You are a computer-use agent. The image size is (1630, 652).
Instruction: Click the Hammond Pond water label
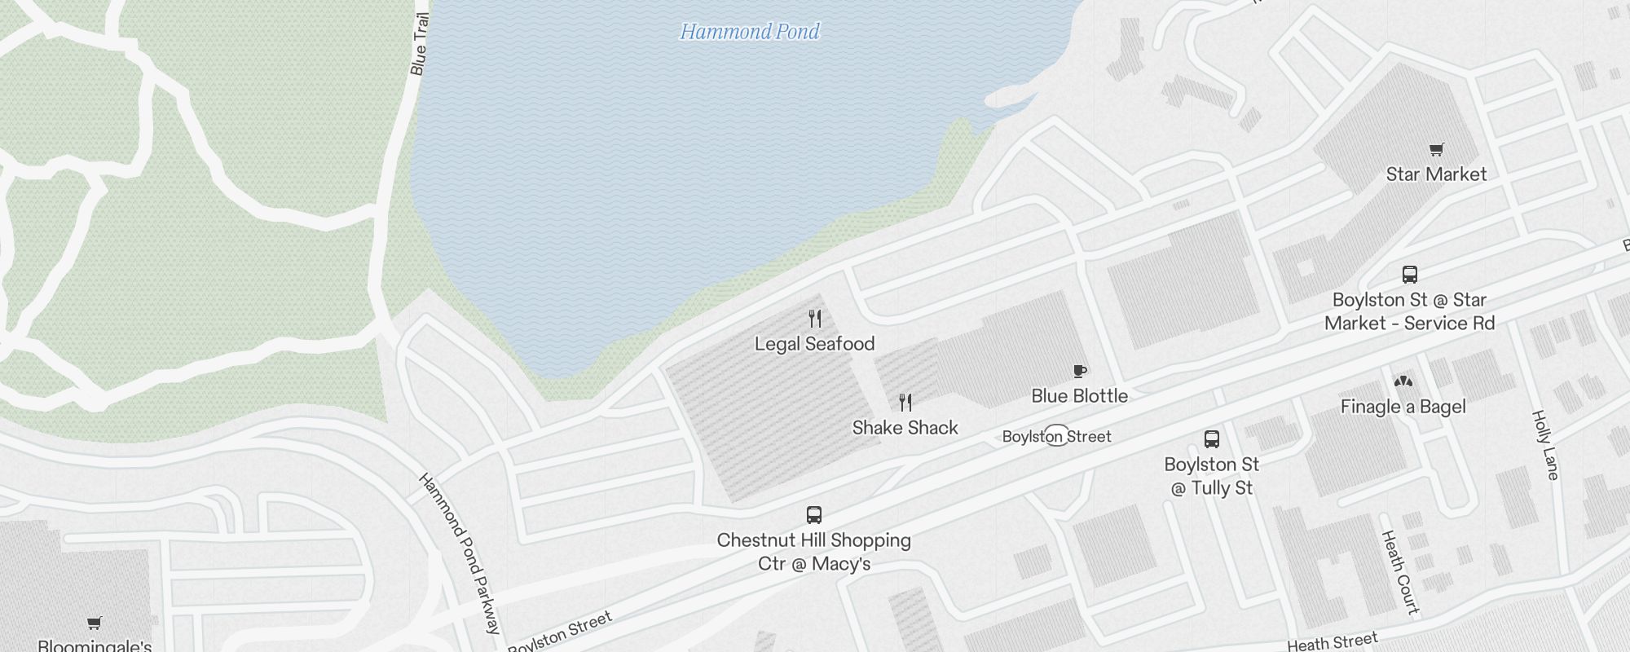coord(750,32)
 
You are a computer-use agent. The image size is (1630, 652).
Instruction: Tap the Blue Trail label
coord(420,44)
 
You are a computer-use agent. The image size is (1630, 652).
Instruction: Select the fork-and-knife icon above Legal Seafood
coord(815,319)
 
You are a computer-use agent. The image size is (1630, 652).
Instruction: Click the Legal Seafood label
coord(815,344)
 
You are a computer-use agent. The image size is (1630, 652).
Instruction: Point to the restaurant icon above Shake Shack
coord(905,403)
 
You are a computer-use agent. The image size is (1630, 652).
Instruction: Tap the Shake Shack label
coord(905,428)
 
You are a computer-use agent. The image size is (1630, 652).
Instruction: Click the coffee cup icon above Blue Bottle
coord(1080,372)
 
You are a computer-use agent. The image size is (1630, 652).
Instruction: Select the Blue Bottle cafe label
coord(1080,396)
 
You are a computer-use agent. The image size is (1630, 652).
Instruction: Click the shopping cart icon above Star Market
coord(1437,149)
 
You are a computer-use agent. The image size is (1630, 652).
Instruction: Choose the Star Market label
coord(1437,174)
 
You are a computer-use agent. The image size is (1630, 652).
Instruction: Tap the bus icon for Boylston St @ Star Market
coord(1410,275)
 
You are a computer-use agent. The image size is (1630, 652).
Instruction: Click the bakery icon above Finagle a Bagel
coord(1403,381)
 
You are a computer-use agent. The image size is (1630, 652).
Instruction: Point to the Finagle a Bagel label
coord(1403,407)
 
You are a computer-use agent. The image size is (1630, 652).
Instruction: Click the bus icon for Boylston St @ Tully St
coord(1212,439)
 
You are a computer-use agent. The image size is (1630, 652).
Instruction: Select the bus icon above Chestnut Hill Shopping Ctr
coord(814,515)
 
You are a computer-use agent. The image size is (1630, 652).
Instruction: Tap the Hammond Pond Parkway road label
coord(460,553)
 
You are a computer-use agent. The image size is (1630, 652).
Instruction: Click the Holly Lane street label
coord(1545,445)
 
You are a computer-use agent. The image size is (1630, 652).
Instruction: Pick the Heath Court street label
coord(1400,572)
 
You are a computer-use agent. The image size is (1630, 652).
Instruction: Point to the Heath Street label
coord(1333,641)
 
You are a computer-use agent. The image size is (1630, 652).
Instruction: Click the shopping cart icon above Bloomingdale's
coord(95,623)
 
